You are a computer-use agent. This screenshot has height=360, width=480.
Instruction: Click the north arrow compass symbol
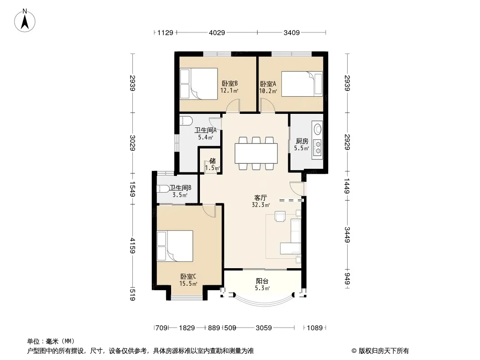pyautogui.click(x=25, y=21)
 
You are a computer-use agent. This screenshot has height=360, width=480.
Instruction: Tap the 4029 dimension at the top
pyautogui.click(x=217, y=32)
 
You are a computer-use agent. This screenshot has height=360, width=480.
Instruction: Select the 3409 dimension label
pyautogui.click(x=291, y=32)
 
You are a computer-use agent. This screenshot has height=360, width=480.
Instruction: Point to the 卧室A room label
pyautogui.click(x=268, y=84)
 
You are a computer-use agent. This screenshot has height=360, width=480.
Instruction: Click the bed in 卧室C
pyautogui.click(x=175, y=246)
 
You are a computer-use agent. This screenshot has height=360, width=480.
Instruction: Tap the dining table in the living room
pyautogui.click(x=256, y=153)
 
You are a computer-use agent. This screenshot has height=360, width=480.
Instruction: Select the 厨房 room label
pyautogui.click(x=302, y=141)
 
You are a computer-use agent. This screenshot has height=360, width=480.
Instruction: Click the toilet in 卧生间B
pyautogui.click(x=163, y=189)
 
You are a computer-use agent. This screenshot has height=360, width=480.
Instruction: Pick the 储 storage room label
pyautogui.click(x=213, y=161)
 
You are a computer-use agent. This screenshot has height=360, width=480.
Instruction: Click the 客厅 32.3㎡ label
pyautogui.click(x=261, y=201)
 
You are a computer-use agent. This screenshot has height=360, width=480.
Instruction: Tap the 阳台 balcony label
pyautogui.click(x=263, y=281)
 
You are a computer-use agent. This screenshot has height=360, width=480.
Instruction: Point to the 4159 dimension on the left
pyautogui.click(x=132, y=246)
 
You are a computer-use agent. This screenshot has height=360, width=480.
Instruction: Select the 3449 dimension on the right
pyautogui.click(x=347, y=234)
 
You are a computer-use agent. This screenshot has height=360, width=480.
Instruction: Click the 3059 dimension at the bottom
pyautogui.click(x=263, y=328)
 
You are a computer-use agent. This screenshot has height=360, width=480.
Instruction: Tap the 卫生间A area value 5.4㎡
pyautogui.click(x=205, y=137)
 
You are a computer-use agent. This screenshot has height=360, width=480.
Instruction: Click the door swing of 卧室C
pyautogui.click(x=209, y=211)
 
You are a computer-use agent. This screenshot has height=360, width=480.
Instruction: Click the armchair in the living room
pyautogui.click(x=280, y=216)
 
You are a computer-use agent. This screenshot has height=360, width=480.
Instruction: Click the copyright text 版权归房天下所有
pyautogui.click(x=384, y=351)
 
